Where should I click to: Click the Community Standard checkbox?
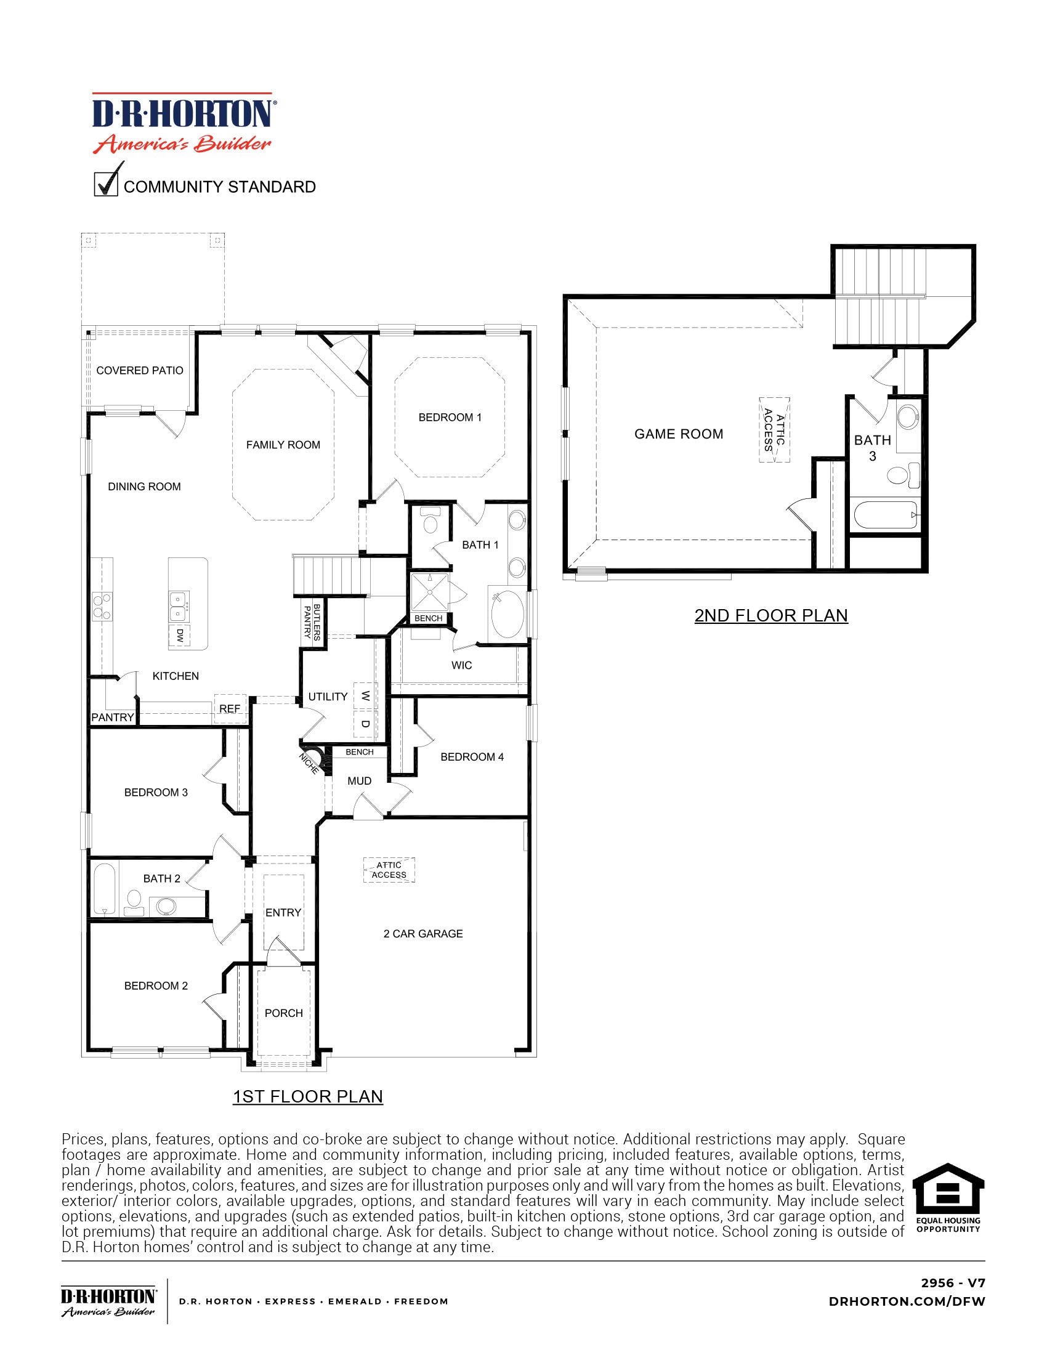(x=105, y=185)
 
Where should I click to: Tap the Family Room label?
(x=283, y=445)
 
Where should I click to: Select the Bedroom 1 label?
(x=450, y=418)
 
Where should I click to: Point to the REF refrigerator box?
(x=230, y=708)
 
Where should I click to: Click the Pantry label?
(x=112, y=717)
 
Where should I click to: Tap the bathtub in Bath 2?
(x=105, y=888)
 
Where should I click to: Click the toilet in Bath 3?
(x=897, y=476)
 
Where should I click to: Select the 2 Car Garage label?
(x=423, y=934)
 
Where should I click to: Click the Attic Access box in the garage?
(x=389, y=870)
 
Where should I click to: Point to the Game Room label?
(x=679, y=434)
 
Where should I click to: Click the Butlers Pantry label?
(x=312, y=621)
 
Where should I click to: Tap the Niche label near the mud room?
(x=309, y=763)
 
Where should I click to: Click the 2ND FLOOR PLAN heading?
(x=770, y=615)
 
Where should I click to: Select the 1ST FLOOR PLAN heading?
(x=308, y=1096)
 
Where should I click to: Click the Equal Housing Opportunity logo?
(x=948, y=1197)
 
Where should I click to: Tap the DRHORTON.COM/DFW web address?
(x=906, y=1301)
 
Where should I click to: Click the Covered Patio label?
(x=140, y=370)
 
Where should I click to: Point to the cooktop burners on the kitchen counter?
(x=102, y=606)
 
